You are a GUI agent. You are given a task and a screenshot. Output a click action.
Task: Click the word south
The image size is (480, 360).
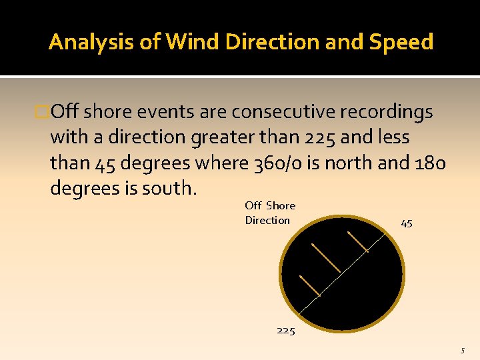tap(171, 188)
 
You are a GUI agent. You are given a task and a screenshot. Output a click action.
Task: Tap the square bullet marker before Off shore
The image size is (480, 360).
tap(44, 112)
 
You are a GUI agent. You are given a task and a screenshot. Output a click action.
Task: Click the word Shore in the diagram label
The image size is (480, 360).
tap(281, 205)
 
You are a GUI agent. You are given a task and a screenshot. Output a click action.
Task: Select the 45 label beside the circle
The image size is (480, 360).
tap(407, 223)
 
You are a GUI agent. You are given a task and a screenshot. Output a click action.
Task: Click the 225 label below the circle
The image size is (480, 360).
tap(285, 330)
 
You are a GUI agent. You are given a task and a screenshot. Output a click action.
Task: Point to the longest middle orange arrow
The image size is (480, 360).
tap(326, 257)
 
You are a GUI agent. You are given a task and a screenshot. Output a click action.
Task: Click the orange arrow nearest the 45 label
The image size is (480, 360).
tap(357, 242)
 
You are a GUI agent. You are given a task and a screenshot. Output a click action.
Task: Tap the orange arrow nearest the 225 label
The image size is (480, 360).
tap(310, 285)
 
